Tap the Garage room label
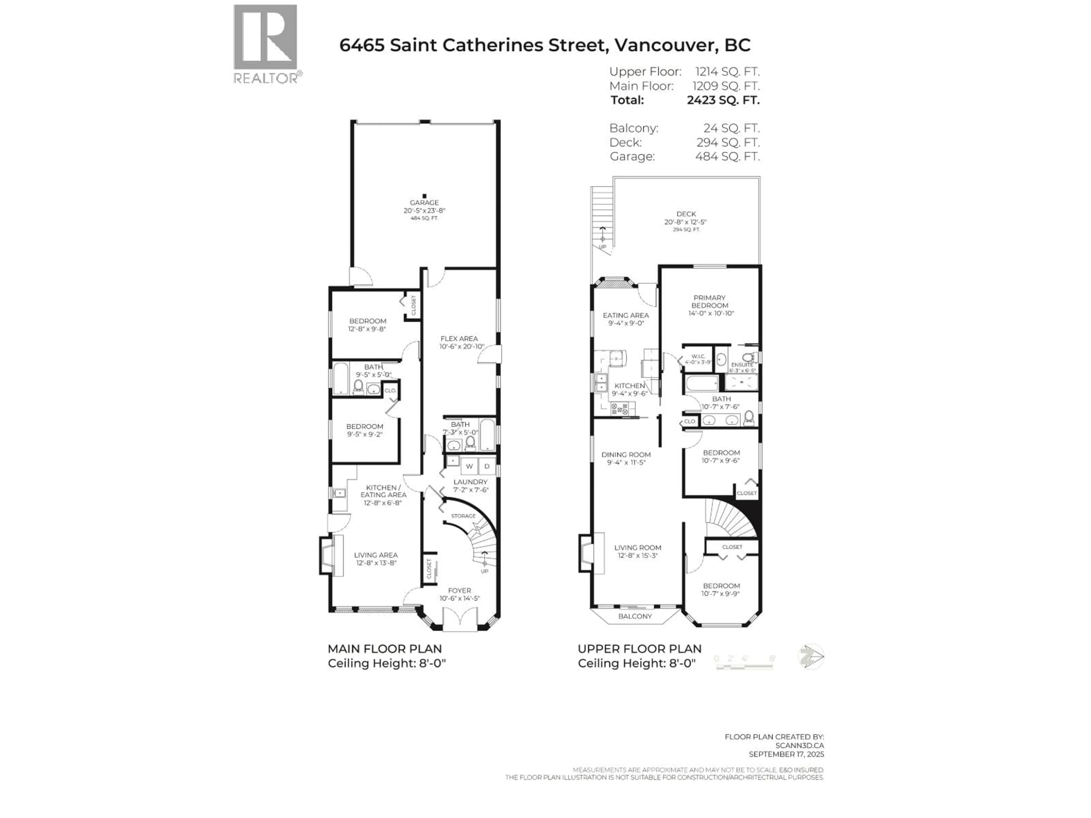point(424,203)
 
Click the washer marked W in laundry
point(469,466)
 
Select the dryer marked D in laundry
point(487,466)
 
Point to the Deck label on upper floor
point(686,214)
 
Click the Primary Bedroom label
point(709,301)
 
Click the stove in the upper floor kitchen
point(619,408)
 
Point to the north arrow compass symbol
point(810,657)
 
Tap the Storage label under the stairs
point(463,516)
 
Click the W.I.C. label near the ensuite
point(698,356)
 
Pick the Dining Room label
point(626,455)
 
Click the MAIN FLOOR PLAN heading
point(385,649)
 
